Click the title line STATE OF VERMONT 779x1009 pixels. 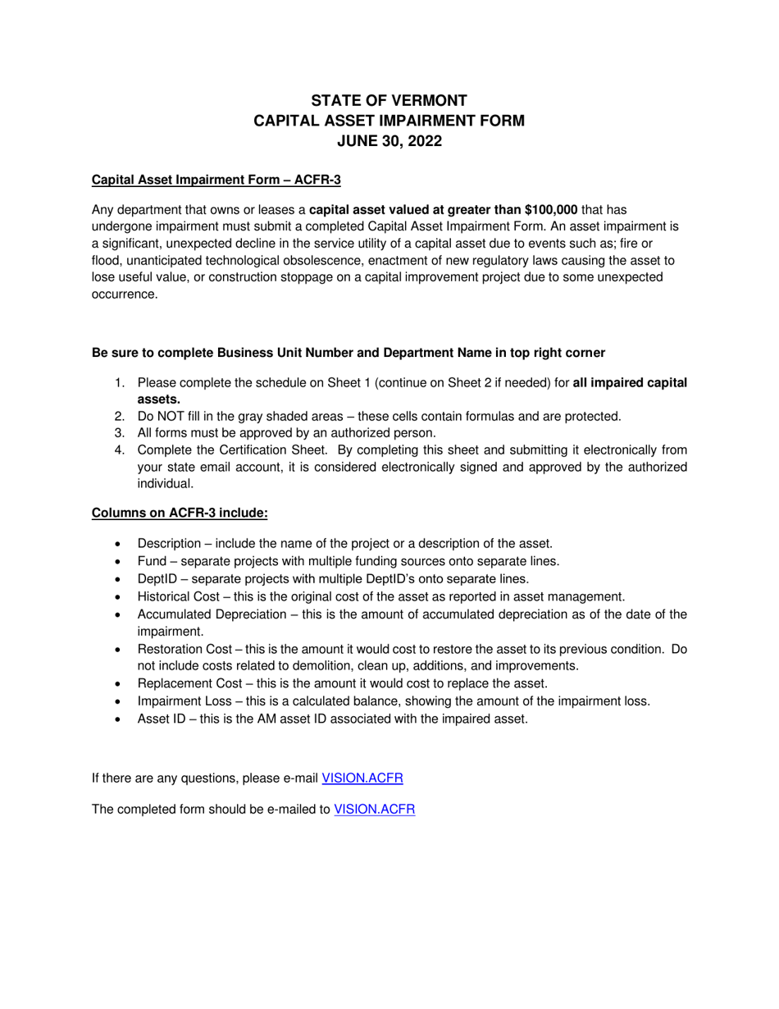click(389, 101)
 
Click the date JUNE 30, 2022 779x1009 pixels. click(389, 141)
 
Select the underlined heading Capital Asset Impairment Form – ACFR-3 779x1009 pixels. click(216, 180)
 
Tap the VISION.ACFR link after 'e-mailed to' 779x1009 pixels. click(375, 809)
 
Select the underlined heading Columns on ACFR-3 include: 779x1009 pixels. click(180, 513)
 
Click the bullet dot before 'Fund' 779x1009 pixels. click(120, 562)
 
